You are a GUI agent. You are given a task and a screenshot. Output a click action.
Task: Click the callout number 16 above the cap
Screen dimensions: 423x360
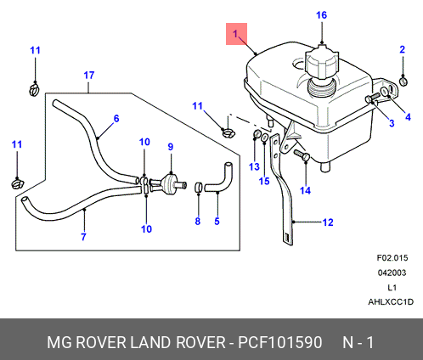(321, 15)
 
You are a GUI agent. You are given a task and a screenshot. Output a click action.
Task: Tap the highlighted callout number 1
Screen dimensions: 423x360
(235, 34)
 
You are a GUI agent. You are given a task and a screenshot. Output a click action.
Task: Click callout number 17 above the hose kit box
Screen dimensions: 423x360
(89, 76)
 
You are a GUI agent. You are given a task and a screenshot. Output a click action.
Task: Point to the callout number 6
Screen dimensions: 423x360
(116, 118)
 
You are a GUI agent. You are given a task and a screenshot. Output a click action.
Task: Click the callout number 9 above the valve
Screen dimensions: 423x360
(171, 147)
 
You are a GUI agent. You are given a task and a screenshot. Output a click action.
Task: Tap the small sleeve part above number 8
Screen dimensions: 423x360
(199, 187)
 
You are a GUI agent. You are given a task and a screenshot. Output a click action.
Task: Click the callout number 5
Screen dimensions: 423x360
(217, 221)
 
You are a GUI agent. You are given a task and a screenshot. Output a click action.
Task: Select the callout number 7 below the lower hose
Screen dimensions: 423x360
(83, 237)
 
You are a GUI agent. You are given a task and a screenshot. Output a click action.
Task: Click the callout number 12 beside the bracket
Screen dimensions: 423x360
(328, 222)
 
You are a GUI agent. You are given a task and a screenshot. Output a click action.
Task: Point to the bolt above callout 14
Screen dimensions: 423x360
(302, 156)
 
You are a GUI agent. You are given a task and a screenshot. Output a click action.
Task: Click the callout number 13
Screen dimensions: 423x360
(254, 166)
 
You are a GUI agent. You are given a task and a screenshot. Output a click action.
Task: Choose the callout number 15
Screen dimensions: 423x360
(264, 181)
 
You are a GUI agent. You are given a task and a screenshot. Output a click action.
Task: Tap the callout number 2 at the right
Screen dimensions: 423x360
(403, 49)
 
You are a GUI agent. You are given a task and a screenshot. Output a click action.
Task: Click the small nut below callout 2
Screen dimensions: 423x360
(403, 82)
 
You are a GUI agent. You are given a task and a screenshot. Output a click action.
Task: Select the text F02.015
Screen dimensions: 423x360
(392, 258)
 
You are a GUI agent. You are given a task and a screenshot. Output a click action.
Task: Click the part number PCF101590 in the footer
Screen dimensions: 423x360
(280, 342)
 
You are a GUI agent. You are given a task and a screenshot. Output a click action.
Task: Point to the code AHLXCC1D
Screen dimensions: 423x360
(391, 302)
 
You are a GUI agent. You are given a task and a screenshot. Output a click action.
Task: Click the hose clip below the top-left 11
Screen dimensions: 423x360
(34, 89)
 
